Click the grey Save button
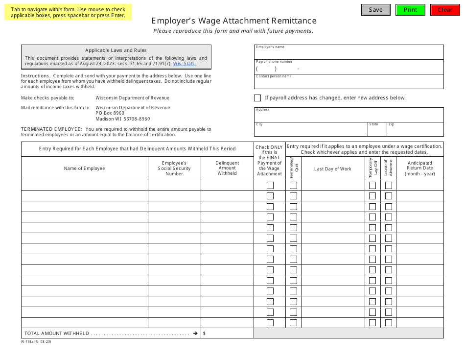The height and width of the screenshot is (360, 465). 375,10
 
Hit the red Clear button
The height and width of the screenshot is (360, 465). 445,10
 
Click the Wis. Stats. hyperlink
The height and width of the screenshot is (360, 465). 185,64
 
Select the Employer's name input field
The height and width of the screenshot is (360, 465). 349,53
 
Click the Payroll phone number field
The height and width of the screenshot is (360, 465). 349,69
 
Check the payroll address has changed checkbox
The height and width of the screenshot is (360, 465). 257,98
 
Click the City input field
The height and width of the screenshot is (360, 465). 311,131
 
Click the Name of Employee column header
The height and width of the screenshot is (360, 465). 84,168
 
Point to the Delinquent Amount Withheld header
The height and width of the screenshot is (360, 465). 227,168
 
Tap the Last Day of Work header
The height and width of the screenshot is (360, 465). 332,169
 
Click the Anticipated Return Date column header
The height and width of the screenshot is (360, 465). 420,168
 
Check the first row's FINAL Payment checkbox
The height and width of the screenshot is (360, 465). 270,186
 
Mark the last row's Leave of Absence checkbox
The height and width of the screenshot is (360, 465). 389,323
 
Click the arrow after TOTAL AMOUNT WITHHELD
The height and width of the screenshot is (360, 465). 195,334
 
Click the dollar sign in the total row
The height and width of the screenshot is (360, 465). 204,334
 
